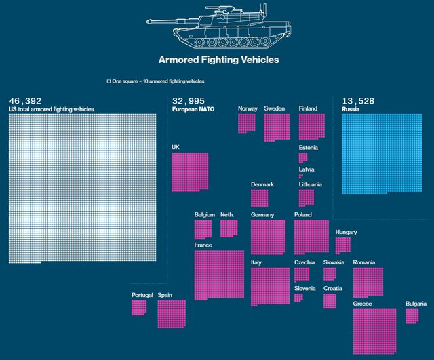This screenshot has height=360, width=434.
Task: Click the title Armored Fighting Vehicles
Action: tap(218, 60)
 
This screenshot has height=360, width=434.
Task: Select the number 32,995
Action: tap(189, 101)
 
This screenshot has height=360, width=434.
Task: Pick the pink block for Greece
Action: tap(374, 332)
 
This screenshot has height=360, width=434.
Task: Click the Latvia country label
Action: tap(307, 169)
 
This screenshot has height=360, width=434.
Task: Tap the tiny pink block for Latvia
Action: tap(301, 176)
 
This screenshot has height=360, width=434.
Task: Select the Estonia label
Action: tap(309, 147)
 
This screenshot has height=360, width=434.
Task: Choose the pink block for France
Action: tap(219, 275)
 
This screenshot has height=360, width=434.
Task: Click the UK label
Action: tap(176, 147)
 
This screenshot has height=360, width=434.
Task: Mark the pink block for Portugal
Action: tap(139, 308)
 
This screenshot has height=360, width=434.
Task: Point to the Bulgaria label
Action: tap(416, 304)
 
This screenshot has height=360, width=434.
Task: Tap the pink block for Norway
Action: tap(246, 123)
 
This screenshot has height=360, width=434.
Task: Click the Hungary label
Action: tap(346, 232)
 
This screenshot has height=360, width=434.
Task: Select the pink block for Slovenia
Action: tap(298, 298)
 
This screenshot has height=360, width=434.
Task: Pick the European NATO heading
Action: tap(193, 109)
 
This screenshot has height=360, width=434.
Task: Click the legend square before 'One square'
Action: tap(108, 81)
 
